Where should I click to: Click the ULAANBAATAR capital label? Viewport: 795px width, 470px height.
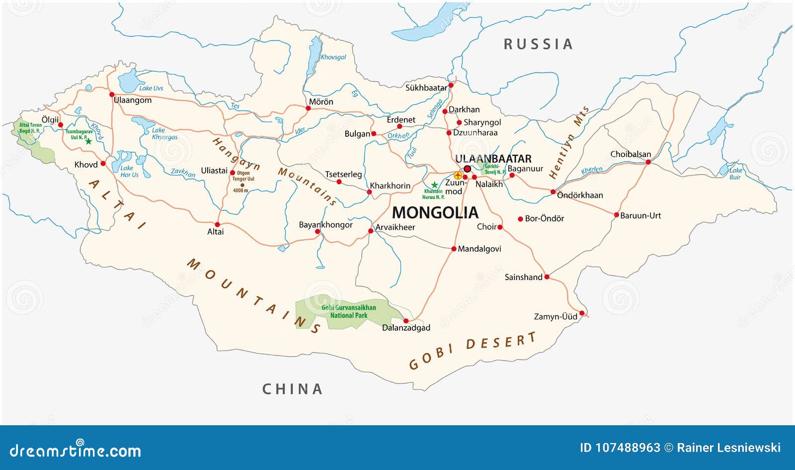[x=493, y=159]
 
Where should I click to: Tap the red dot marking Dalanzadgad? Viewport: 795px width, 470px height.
[x=406, y=321]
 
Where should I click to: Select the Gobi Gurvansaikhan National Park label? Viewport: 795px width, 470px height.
[x=348, y=311]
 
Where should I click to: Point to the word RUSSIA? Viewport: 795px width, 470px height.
[x=538, y=44]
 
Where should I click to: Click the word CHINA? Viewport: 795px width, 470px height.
[x=292, y=389]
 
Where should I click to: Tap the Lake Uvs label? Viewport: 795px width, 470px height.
[x=151, y=88]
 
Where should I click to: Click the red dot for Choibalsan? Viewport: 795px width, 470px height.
[x=648, y=162]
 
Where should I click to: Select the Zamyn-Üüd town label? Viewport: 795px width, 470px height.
[x=556, y=316]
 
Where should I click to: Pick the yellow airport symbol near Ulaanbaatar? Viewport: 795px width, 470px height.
[x=458, y=175]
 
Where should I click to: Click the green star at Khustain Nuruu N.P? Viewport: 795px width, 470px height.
[x=434, y=185]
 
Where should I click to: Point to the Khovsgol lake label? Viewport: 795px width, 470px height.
[x=333, y=57]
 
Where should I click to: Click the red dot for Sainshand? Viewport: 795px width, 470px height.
[x=547, y=277]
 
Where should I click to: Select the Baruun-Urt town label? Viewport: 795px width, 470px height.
[x=640, y=215]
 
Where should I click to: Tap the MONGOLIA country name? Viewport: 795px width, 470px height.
[x=435, y=213]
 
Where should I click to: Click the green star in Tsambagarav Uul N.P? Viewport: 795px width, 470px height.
[x=88, y=141]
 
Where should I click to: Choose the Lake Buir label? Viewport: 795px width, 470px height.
[x=735, y=174]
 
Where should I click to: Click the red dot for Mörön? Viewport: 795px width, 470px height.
[x=308, y=108]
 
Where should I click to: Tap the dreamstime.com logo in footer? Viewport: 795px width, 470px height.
[x=76, y=450]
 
